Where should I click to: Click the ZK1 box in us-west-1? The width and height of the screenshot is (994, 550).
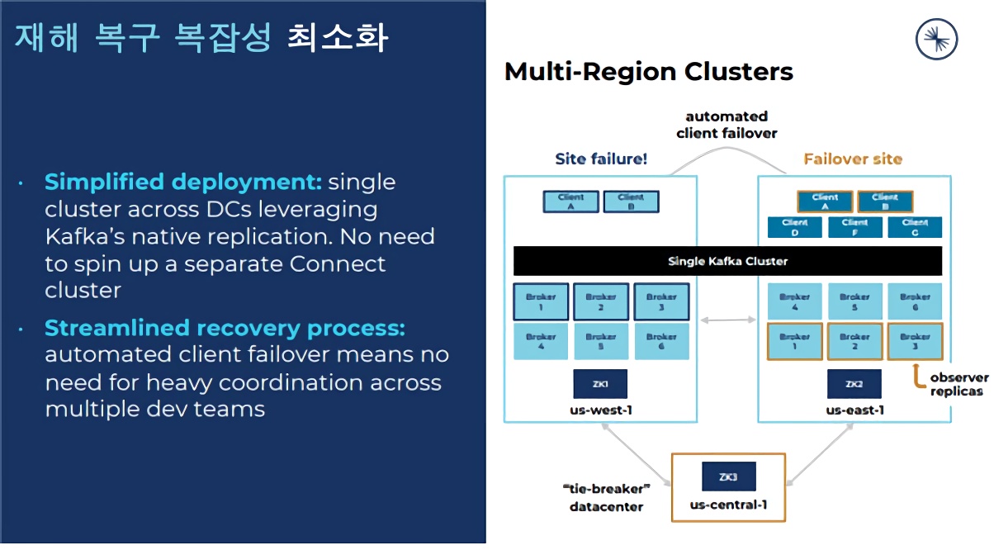[600, 384]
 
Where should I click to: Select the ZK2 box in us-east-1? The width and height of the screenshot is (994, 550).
[854, 384]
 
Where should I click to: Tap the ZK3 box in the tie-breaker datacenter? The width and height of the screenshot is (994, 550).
[728, 477]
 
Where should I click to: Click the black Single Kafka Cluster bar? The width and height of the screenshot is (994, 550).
[727, 261]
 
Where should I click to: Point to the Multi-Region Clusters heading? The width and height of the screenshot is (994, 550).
[648, 72]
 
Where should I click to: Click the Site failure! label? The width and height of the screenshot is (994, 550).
[601, 159]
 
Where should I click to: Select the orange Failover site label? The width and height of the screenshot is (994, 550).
[853, 159]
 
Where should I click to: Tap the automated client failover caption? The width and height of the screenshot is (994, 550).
[727, 124]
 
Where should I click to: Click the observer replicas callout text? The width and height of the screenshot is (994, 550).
[958, 384]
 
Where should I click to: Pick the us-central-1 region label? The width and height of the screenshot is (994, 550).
[728, 505]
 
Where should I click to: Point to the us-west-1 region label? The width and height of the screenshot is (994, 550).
[600, 410]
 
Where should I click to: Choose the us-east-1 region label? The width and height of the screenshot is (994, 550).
[854, 410]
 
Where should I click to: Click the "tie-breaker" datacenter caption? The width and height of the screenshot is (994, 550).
[607, 498]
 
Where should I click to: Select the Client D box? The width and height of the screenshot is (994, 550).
[795, 227]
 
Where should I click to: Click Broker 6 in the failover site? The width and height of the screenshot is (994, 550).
[915, 301]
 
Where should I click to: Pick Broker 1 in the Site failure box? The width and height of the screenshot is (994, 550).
[541, 301]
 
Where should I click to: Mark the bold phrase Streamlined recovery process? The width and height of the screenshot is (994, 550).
[225, 328]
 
